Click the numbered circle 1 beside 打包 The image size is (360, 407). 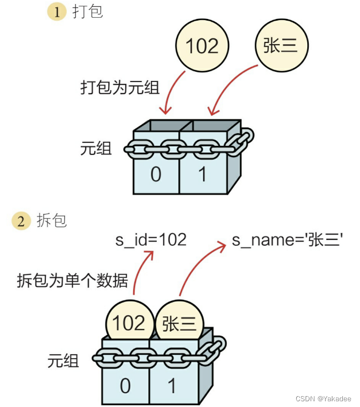56,13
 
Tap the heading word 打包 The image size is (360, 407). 87,12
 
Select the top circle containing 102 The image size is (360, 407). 203,46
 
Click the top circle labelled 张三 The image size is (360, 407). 281,46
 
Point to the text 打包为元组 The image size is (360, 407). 119,88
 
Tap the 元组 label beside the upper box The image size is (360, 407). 96,149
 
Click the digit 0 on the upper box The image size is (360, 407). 156,174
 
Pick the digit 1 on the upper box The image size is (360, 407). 202,174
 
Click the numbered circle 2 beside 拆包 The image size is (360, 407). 22,221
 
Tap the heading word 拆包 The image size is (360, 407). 52,221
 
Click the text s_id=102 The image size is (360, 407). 151,239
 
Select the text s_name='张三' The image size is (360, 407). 288,240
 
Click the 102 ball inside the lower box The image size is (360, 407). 129,323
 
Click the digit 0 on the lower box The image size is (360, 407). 125,386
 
